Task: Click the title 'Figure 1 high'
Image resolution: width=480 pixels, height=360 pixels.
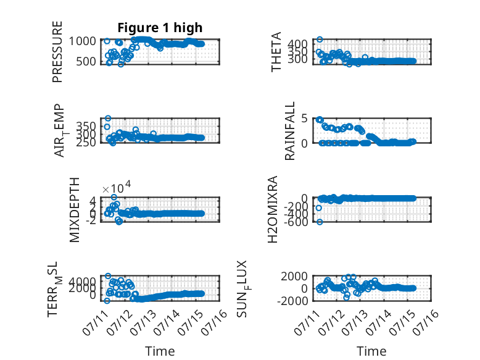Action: [160, 28]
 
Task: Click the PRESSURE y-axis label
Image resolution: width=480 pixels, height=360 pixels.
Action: [57, 52]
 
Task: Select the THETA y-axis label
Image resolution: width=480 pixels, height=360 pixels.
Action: [276, 52]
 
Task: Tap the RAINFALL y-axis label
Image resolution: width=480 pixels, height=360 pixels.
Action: [289, 131]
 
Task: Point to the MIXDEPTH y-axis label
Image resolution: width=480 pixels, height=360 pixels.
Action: [75, 210]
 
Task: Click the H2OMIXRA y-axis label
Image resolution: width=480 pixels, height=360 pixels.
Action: [273, 209]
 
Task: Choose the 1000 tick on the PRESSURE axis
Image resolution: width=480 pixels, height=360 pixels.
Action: [82, 41]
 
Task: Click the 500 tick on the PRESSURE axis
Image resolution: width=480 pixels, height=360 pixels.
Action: [86, 61]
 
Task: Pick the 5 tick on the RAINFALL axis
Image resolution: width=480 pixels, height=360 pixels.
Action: [304, 119]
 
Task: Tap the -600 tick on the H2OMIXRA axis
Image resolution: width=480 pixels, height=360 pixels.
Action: [296, 222]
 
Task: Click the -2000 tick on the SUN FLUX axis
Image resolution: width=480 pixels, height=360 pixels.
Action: [292, 301]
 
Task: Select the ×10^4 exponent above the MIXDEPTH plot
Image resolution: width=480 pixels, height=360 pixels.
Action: [117, 187]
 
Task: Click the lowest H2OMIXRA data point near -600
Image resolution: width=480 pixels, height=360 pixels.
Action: [320, 222]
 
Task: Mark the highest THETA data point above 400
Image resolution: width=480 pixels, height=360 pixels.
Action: [320, 40]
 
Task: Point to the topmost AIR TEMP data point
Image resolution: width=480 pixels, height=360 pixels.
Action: [108, 119]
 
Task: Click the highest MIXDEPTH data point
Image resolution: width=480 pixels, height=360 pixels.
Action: [114, 197]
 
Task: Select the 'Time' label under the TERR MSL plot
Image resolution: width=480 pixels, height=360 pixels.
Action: [160, 351]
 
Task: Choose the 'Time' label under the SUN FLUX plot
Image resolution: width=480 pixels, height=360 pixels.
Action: [371, 351]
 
